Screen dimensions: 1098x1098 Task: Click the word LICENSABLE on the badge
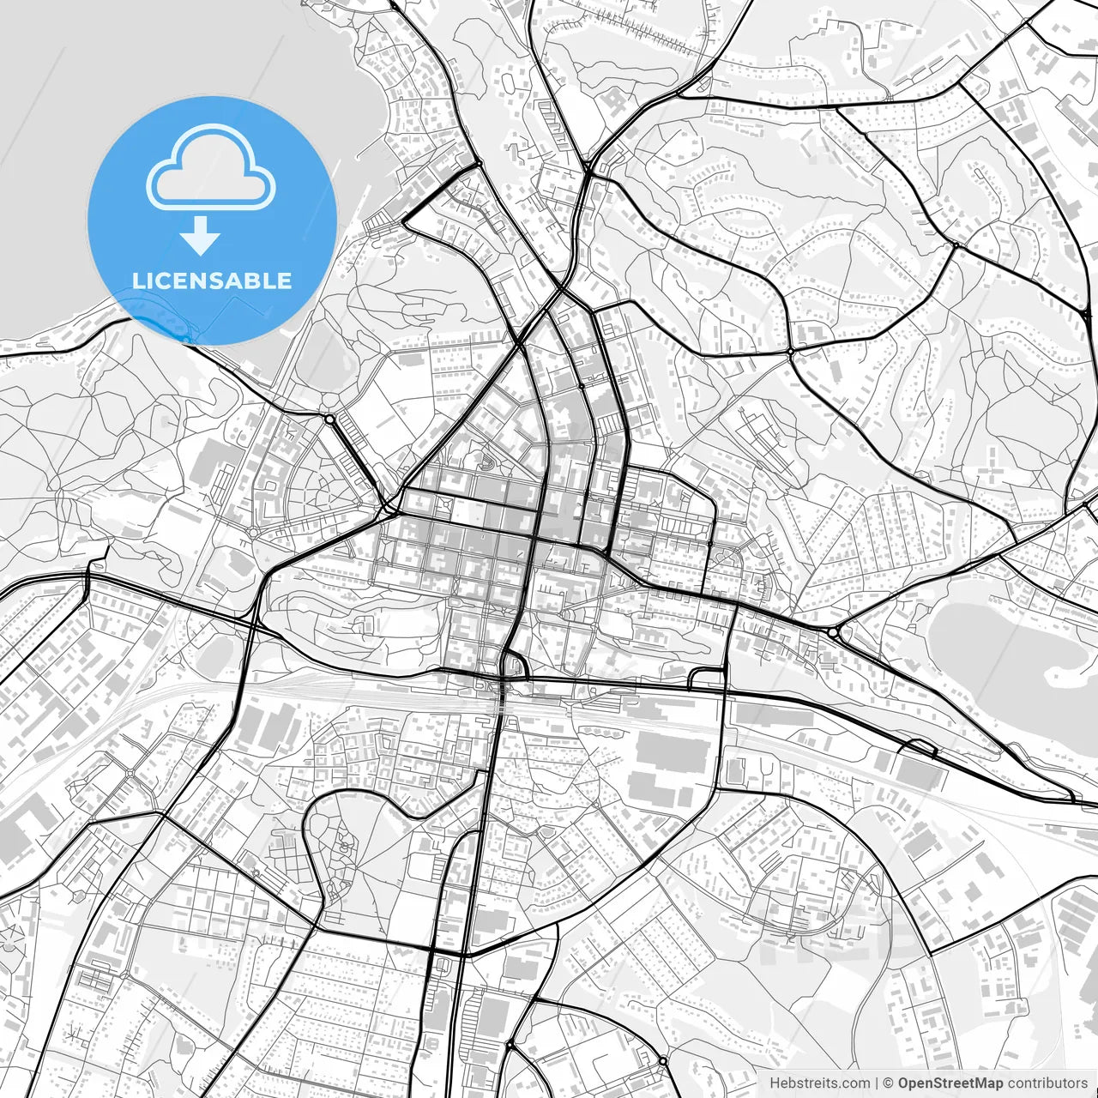tap(212, 281)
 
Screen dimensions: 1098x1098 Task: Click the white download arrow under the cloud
tap(201, 235)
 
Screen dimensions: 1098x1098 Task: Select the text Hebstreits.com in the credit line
tap(819, 1083)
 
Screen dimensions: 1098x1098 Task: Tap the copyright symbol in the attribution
tap(889, 1083)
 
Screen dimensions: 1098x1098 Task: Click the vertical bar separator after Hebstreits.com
tap(875, 1083)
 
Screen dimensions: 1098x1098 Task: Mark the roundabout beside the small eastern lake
tap(834, 633)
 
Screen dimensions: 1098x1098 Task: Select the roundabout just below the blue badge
tap(329, 419)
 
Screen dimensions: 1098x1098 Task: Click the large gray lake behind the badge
tap(51, 172)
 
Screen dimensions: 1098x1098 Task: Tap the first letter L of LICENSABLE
tap(137, 281)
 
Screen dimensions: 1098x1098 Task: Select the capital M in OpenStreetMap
tap(983, 1083)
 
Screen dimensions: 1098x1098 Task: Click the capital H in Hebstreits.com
tap(775, 1083)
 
